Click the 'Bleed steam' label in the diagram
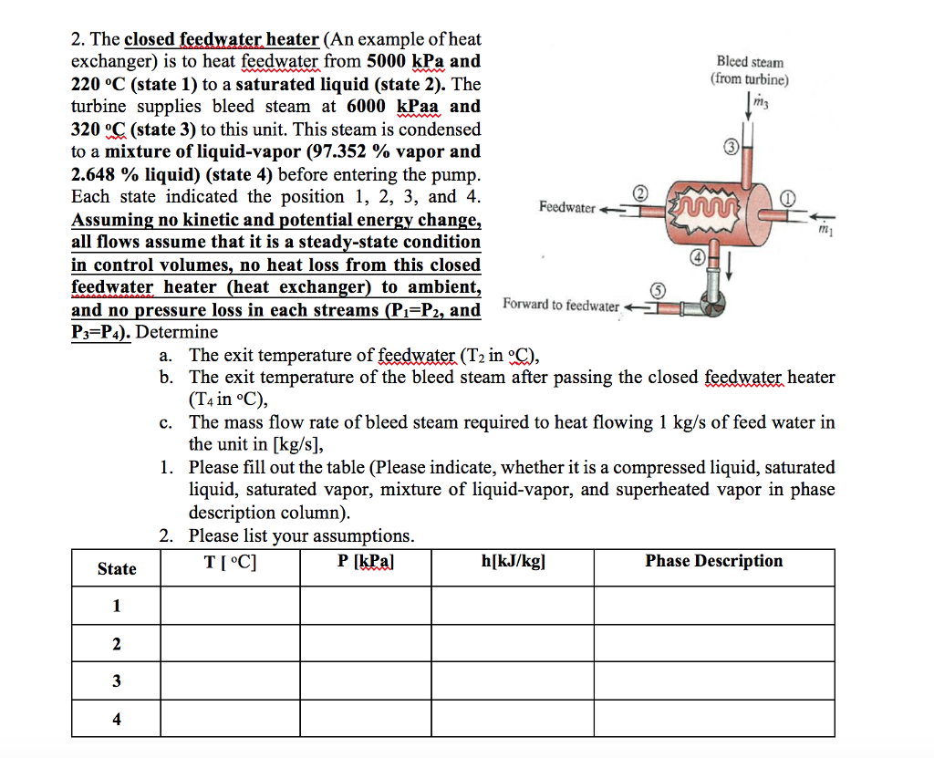(x=749, y=62)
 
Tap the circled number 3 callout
(x=731, y=147)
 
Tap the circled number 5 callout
(x=655, y=290)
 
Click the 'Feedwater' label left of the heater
(x=566, y=208)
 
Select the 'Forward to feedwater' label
(x=560, y=306)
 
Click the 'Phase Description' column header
(x=713, y=562)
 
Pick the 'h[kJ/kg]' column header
(x=513, y=562)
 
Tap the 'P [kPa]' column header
(x=365, y=562)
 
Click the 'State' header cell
(x=117, y=568)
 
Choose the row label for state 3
(x=116, y=681)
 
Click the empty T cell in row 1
(x=231, y=606)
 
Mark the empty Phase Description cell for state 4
(x=713, y=719)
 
